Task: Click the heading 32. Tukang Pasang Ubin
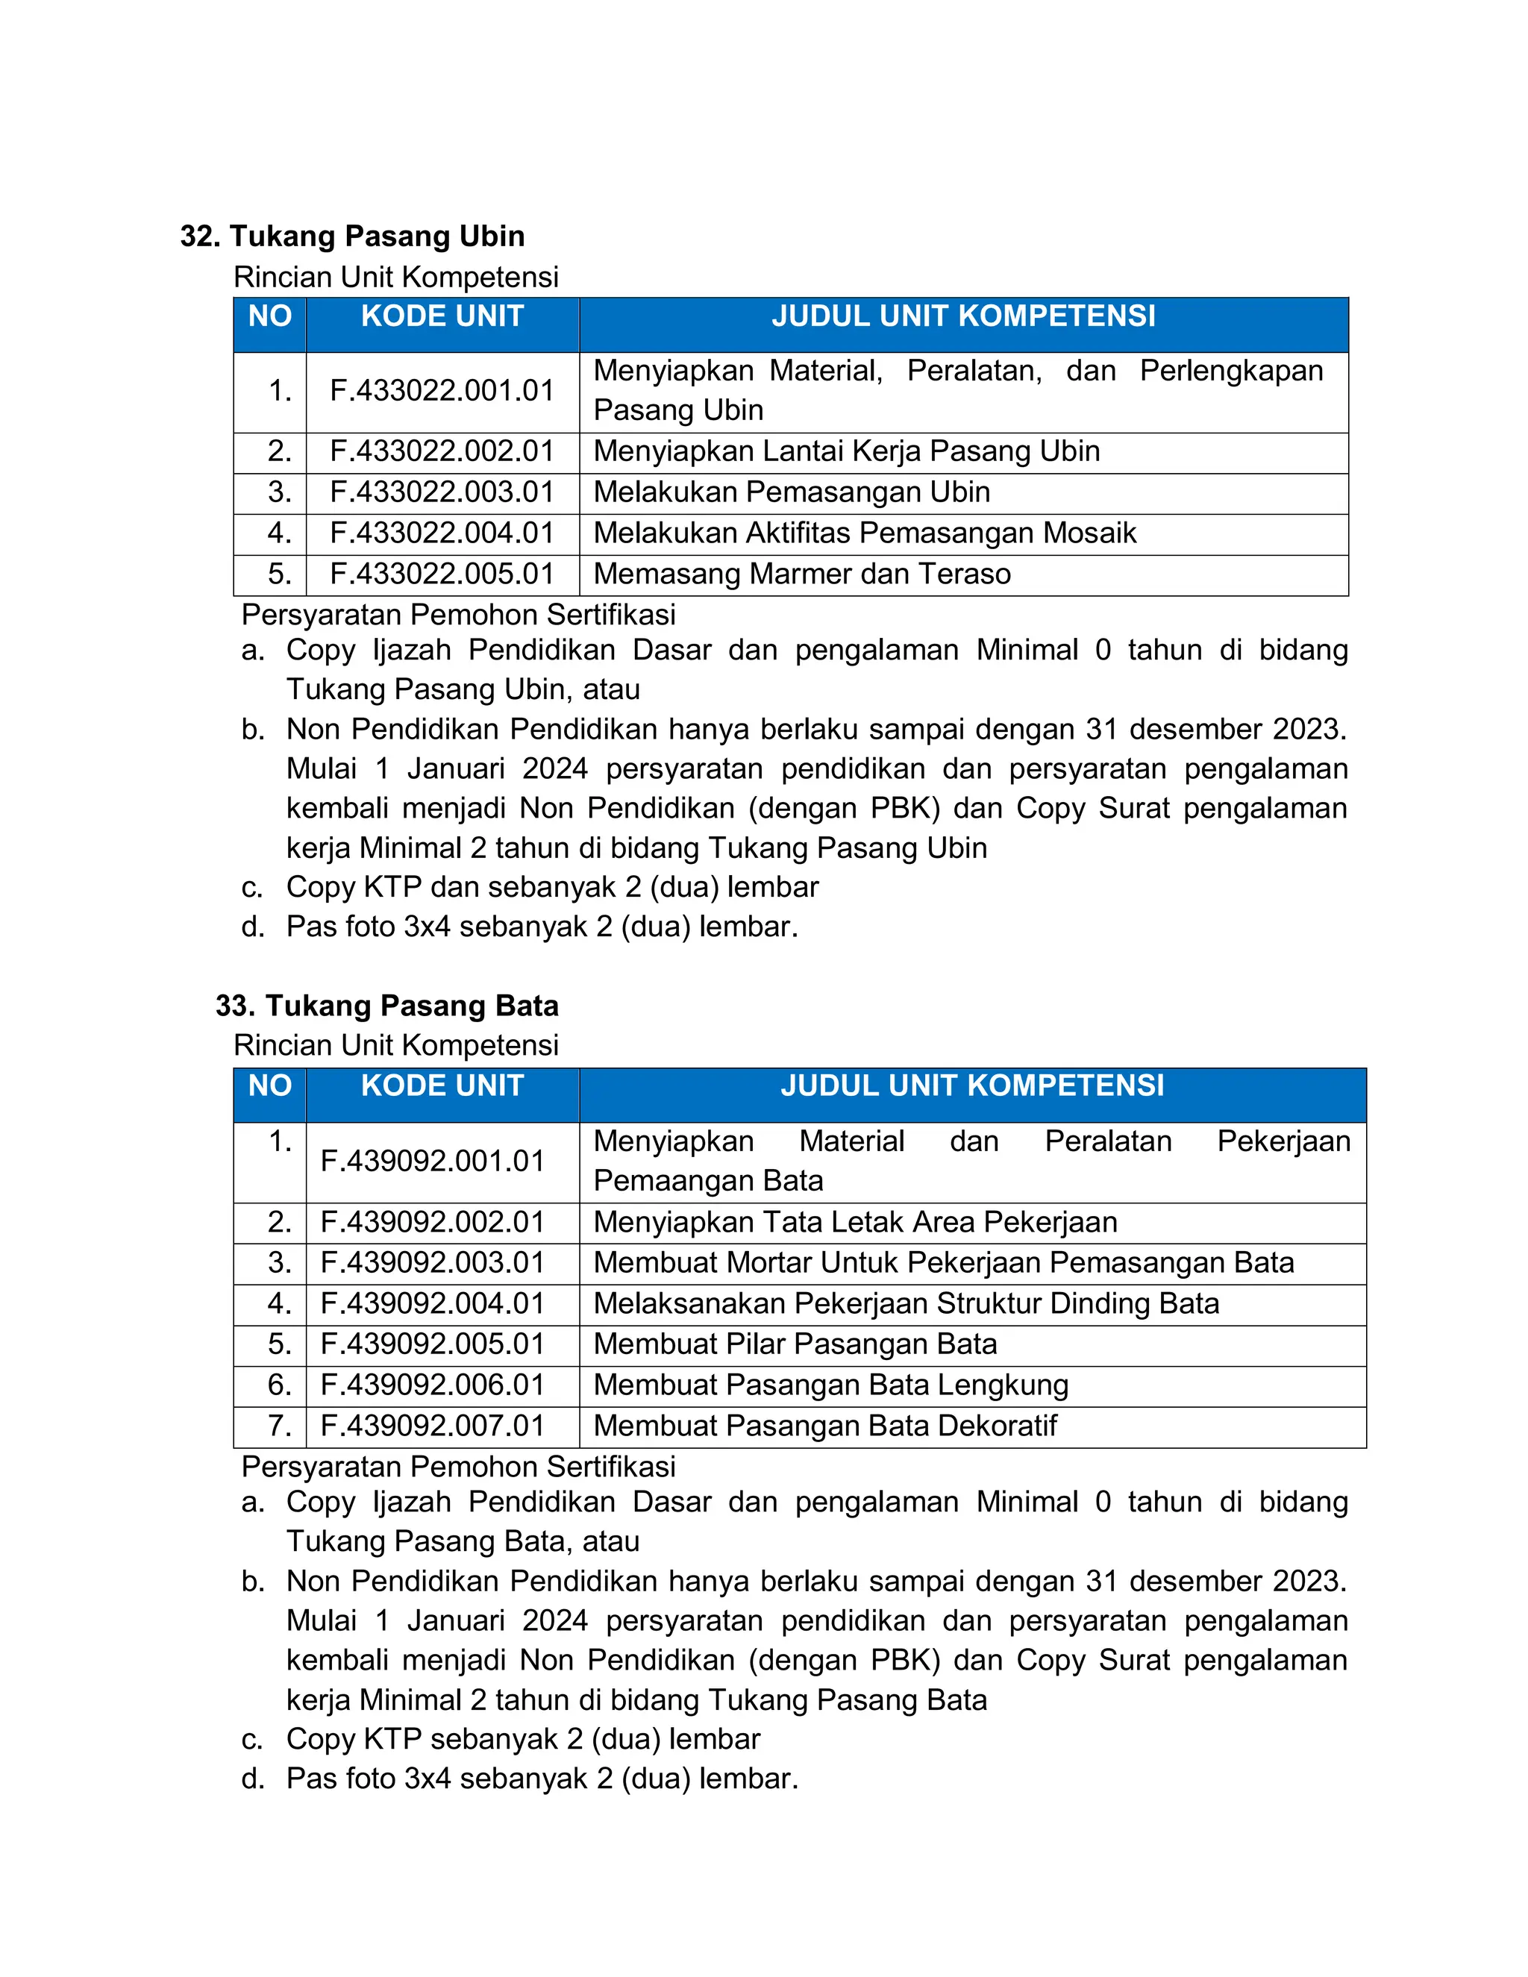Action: point(352,236)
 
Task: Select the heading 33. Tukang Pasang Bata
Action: point(386,1006)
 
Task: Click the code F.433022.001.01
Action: point(442,391)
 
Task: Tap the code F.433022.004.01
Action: point(442,533)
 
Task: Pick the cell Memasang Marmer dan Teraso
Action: point(802,574)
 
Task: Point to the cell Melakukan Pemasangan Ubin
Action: point(791,492)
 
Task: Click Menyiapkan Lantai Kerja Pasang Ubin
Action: point(846,451)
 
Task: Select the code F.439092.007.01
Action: point(433,1426)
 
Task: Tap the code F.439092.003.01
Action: point(433,1263)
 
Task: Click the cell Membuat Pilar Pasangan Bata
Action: point(795,1344)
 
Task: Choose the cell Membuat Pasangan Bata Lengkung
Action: point(831,1385)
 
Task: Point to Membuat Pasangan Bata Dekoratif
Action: point(824,1426)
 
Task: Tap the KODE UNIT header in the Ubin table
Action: point(442,317)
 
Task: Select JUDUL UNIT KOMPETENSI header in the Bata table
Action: point(972,1086)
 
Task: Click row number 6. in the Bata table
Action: point(279,1385)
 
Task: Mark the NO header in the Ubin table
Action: point(270,317)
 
